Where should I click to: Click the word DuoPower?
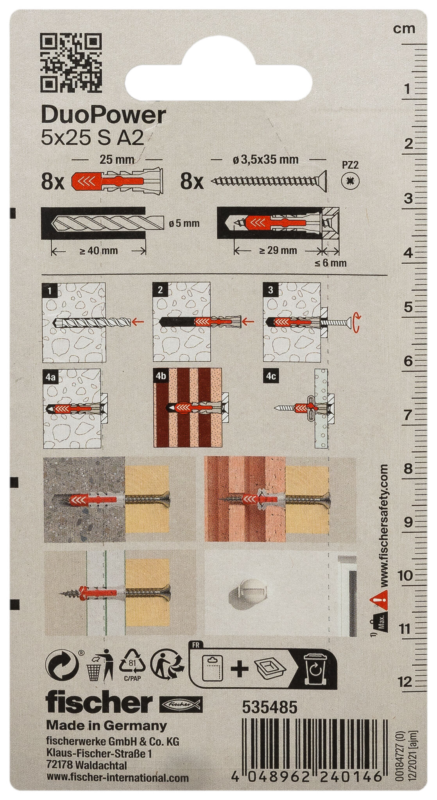click(103, 116)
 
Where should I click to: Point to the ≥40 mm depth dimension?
click(99, 251)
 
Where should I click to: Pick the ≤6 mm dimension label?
click(330, 262)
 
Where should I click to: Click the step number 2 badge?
click(161, 290)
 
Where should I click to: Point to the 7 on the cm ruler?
click(407, 414)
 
